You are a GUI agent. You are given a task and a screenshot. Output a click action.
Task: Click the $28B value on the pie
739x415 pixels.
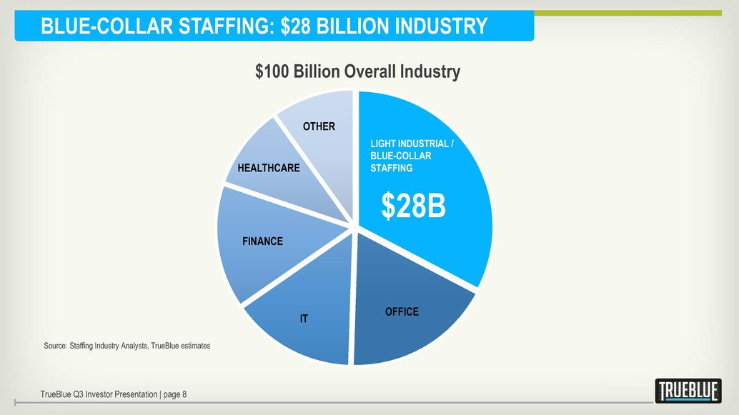413,206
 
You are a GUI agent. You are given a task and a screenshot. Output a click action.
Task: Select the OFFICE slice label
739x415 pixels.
402,312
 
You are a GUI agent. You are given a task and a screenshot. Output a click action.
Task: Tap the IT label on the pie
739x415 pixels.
304,319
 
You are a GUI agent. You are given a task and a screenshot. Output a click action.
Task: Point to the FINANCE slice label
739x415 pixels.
262,241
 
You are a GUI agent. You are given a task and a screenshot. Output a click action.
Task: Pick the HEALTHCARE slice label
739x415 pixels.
269,169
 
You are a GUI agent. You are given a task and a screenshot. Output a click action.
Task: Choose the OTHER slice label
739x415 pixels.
319,126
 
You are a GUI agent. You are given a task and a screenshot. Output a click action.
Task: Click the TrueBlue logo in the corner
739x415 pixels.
688,391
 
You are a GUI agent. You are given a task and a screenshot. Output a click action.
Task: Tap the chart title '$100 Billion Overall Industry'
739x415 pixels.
357,71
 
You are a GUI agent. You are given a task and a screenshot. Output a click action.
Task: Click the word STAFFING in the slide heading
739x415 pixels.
222,27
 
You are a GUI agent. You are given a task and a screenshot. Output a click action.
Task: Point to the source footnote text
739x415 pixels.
127,346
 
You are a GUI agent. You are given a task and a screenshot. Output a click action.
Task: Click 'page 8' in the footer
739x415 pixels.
174,394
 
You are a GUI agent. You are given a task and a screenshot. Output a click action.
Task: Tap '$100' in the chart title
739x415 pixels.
272,71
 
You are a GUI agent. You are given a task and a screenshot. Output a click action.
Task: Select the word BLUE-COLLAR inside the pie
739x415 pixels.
400,156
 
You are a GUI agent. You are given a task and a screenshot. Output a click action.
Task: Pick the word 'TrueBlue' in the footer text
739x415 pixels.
58,394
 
